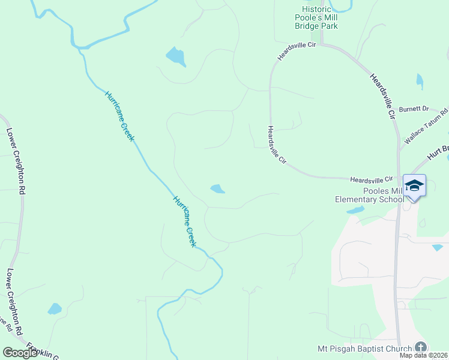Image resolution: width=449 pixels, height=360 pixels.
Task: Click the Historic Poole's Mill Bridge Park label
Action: [x=319, y=17]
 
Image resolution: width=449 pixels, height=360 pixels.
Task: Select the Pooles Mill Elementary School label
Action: [x=369, y=195]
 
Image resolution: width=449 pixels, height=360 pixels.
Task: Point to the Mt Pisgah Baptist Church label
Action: [x=364, y=349]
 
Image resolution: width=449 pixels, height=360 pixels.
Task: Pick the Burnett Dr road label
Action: [x=417, y=109]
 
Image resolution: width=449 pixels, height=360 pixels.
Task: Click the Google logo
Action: [x=20, y=352]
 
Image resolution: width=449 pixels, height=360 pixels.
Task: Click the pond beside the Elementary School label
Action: [x=355, y=210]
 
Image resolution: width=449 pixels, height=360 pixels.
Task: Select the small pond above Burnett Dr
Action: [x=420, y=80]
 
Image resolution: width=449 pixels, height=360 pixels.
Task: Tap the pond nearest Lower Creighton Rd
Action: [x=55, y=309]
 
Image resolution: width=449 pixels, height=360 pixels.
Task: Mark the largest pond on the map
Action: [x=175, y=56]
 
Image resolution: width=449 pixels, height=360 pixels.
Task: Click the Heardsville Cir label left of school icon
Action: [x=371, y=179]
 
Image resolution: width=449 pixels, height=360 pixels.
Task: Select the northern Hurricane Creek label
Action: [x=119, y=116]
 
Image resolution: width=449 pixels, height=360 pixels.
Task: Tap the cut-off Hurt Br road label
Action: [x=438, y=151]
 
